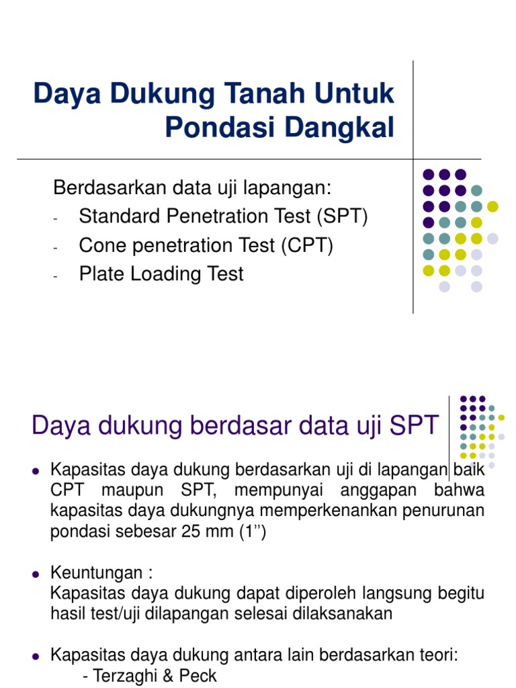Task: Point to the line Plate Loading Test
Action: pyautogui.click(x=161, y=274)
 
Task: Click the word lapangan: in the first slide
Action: pyautogui.click(x=295, y=187)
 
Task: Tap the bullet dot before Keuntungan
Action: pyautogui.click(x=37, y=576)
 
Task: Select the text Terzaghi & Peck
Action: pyautogui.click(x=150, y=676)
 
